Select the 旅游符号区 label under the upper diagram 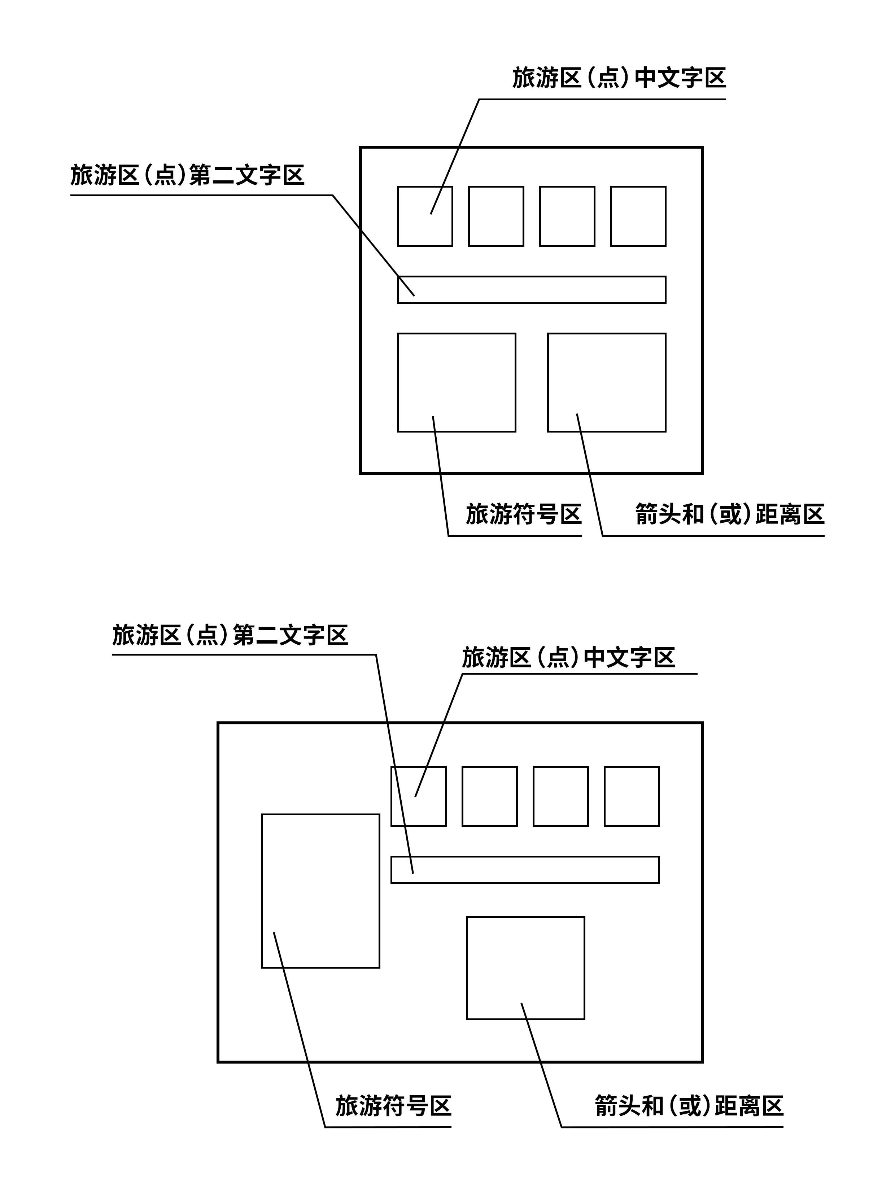pos(523,514)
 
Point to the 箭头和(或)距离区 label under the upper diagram pos(729,514)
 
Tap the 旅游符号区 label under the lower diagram pos(393,1106)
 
